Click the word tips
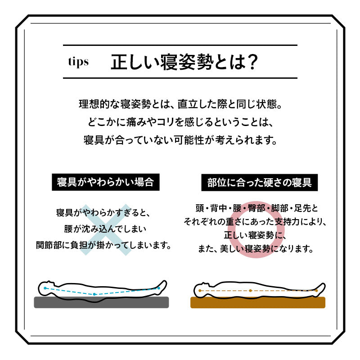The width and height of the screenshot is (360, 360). [x=78, y=62]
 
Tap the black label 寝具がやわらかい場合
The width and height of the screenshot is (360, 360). [x=105, y=182]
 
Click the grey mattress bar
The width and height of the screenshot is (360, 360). [x=101, y=302]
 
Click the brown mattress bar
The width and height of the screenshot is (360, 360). [x=257, y=302]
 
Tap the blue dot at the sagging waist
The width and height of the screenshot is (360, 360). [x=94, y=294]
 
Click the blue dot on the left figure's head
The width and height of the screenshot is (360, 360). [x=45, y=287]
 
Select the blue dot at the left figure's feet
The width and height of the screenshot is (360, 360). [x=159, y=288]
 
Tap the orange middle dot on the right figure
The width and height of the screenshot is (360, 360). [x=250, y=291]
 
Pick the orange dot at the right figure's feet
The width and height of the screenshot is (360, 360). [x=316, y=291]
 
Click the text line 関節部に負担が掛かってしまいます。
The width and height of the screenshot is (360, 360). [x=104, y=246]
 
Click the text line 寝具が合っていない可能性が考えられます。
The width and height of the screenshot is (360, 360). [x=180, y=139]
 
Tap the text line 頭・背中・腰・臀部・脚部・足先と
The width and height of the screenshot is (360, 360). [x=256, y=209]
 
